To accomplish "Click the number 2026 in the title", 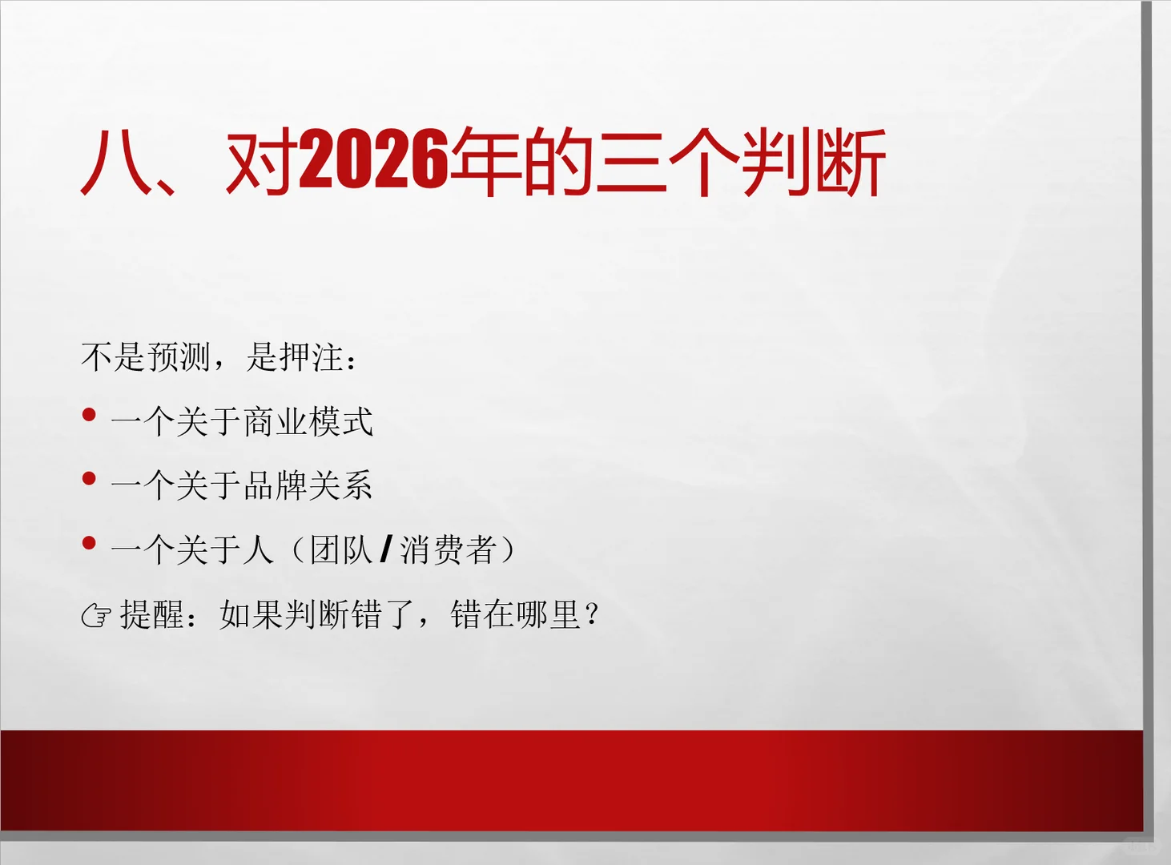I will coord(372,160).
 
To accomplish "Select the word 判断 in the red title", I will coord(813,162).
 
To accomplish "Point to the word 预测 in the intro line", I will coord(179,356).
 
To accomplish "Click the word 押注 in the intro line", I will coord(311,356).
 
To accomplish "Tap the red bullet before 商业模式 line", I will coord(89,415).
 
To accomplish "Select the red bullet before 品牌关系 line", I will coord(89,479).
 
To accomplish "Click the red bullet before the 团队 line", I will coord(89,543).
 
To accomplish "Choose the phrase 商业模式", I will coord(308,421).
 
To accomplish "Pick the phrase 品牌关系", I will coord(308,485).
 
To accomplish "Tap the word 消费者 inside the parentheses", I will coord(449,549).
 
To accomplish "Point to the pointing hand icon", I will coord(96,615).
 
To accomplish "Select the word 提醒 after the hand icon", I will coord(152,614).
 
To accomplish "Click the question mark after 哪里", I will coord(592,614).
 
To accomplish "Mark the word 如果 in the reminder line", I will coord(252,614).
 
